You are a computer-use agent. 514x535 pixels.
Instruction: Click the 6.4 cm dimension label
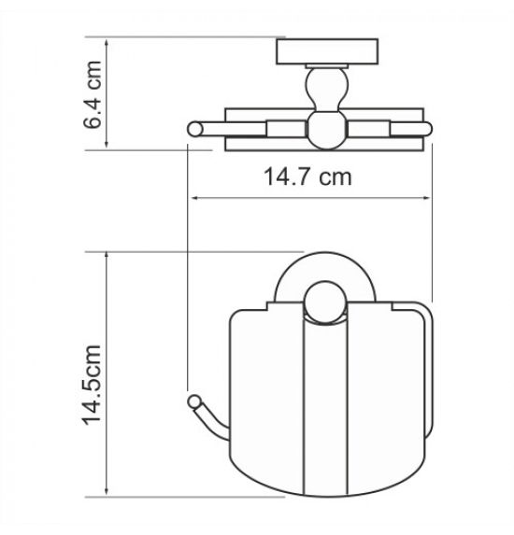[x=93, y=94]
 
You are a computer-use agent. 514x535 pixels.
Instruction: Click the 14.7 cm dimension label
[x=307, y=176]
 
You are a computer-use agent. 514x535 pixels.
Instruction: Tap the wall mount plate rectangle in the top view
[x=327, y=51]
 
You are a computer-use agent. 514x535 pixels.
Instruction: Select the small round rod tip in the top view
[x=195, y=129]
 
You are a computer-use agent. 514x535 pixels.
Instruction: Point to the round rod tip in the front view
[x=195, y=401]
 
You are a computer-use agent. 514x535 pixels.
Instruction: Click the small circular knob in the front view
[x=324, y=302]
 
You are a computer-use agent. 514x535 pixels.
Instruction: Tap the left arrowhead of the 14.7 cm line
[x=194, y=198]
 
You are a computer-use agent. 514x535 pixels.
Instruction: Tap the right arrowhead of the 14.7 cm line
[x=426, y=198]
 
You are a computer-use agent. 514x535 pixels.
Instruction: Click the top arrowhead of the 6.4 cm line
[x=107, y=43]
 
